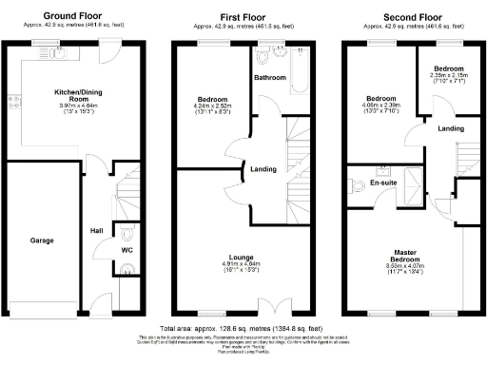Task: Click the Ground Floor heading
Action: pyautogui.click(x=72, y=17)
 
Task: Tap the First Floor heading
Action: pyautogui.click(x=243, y=17)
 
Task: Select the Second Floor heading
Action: pyautogui.click(x=412, y=17)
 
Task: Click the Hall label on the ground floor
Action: pyautogui.click(x=97, y=230)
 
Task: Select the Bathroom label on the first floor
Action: pyautogui.click(x=270, y=78)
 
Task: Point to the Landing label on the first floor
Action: pyautogui.click(x=263, y=170)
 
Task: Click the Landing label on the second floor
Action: pyautogui.click(x=452, y=128)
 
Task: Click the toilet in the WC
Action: pyautogui.click(x=127, y=231)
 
